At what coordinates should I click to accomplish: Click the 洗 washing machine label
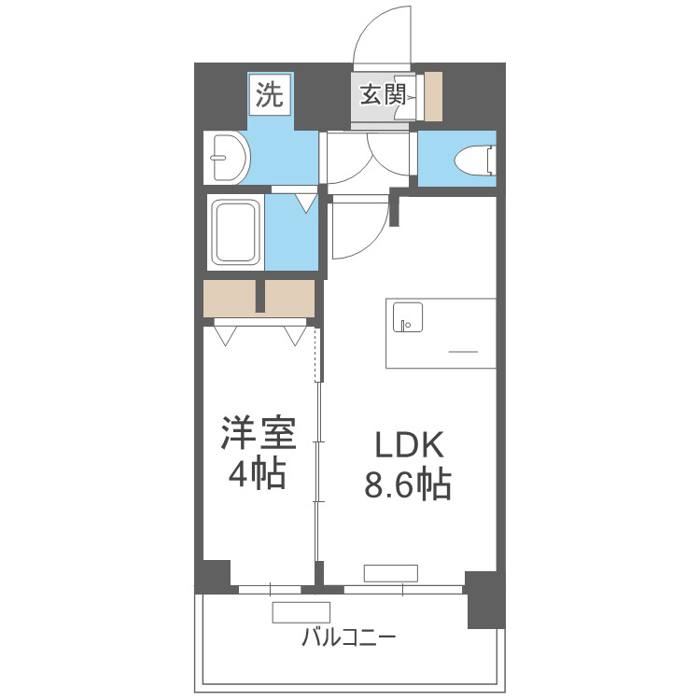click(x=269, y=94)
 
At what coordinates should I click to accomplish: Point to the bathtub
click(x=235, y=232)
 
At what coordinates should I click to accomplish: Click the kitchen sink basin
click(x=407, y=317)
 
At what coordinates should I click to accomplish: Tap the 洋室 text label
click(x=257, y=433)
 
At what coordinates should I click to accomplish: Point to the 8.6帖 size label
click(x=406, y=485)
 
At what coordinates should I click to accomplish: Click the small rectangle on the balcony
click(x=296, y=612)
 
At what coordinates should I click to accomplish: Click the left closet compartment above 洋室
click(x=231, y=298)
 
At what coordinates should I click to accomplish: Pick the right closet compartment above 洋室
click(x=290, y=298)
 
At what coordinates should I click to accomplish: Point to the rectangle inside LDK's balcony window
click(x=391, y=573)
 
